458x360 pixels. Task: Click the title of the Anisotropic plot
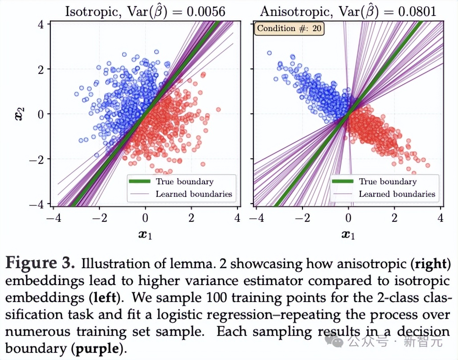[x=348, y=11]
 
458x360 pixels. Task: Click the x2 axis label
[x=16, y=114]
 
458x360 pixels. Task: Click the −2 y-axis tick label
[x=37, y=159]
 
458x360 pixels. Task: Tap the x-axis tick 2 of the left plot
[x=192, y=218]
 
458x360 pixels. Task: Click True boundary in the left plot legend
[x=184, y=181]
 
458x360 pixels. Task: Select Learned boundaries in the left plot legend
[x=194, y=194]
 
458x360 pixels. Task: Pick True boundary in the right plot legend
[x=388, y=181]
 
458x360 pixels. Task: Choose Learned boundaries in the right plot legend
[x=397, y=194]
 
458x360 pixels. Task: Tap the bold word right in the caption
[x=430, y=264]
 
